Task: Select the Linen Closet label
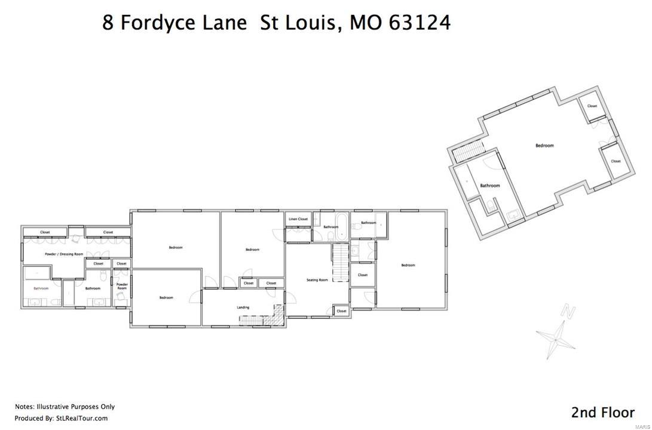(298, 219)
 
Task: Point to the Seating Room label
(317, 280)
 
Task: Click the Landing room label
(243, 308)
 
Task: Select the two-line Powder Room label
(122, 287)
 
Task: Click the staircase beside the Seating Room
(340, 262)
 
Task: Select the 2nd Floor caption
(602, 412)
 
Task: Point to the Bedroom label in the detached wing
(544, 146)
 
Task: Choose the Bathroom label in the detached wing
(490, 186)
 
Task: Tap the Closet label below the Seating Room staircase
(341, 311)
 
